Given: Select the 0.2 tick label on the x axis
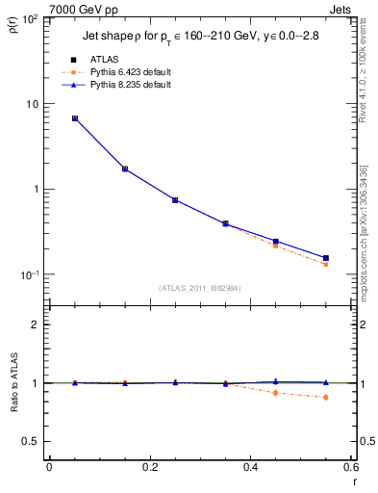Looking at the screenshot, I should click(149, 468).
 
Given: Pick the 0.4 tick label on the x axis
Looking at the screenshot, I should click(250, 468).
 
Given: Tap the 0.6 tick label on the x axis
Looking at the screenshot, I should click(351, 468).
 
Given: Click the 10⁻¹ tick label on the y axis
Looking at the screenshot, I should click(30, 274).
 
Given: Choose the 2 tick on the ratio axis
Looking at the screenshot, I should click(38, 324).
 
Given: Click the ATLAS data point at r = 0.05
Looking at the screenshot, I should click(74, 118).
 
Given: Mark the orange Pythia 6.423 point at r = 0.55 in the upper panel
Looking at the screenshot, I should click(325, 264).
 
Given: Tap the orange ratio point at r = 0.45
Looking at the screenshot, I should click(275, 393).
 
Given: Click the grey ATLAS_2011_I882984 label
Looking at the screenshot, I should click(199, 288).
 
